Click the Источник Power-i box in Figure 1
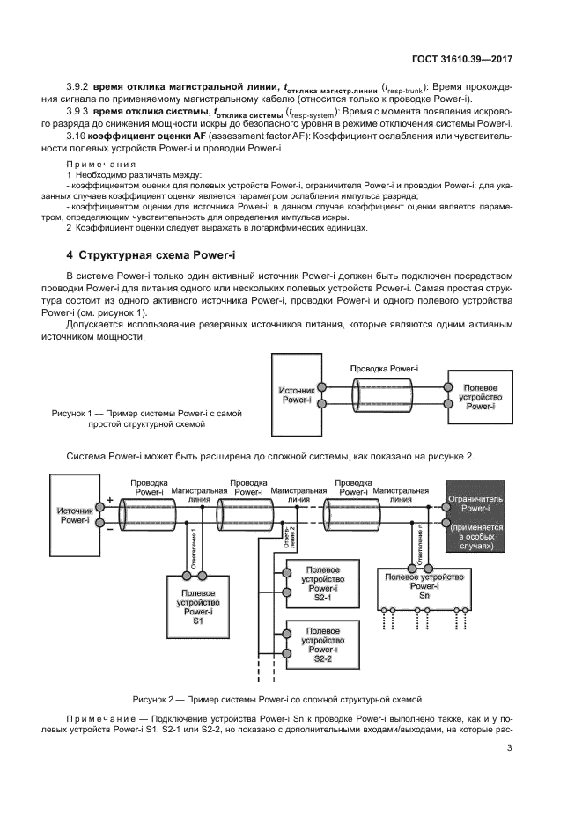297,394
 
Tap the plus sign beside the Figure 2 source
110,501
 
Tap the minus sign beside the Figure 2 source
110,529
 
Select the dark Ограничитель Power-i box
475,516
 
